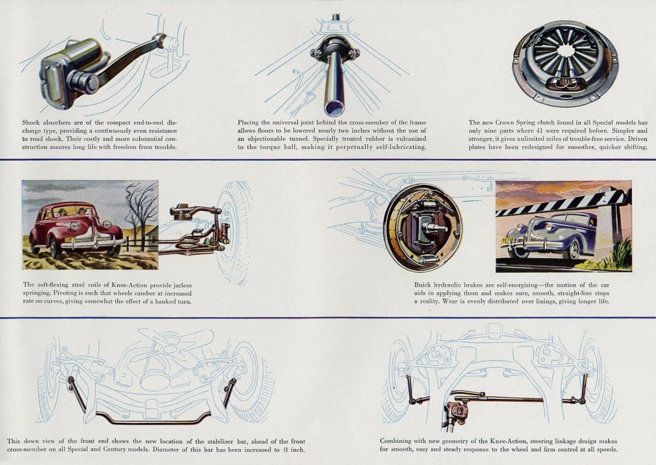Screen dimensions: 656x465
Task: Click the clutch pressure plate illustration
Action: pos(565,63)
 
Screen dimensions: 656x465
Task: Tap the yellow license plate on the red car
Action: pos(70,240)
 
